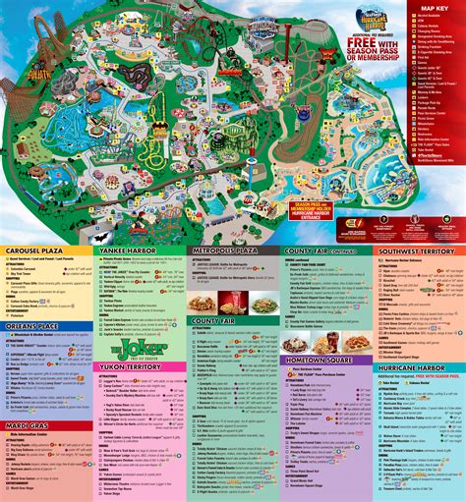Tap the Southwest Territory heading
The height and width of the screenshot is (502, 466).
tap(417, 251)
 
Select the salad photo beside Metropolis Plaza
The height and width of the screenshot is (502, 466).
tap(262, 305)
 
